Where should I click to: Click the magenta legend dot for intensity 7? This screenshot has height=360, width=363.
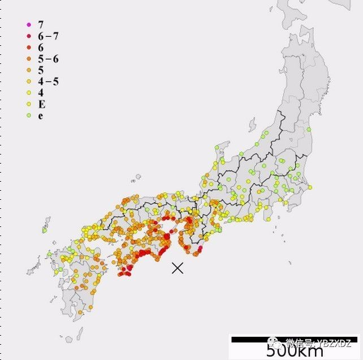click(28, 24)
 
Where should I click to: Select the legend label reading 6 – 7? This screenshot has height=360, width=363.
click(48, 36)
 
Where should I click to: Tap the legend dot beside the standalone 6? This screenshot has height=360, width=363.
click(28, 48)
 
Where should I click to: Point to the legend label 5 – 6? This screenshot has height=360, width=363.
click(48, 59)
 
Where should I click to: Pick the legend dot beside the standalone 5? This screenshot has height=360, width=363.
click(28, 70)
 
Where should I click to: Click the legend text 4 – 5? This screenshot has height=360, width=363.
click(48, 82)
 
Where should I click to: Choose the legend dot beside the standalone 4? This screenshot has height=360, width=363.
click(28, 93)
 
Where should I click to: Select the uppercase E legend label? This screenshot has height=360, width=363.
click(41, 104)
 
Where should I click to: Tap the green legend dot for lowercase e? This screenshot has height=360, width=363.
click(28, 116)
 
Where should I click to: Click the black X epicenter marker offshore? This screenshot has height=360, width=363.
click(178, 268)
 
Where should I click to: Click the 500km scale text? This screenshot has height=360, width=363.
click(295, 350)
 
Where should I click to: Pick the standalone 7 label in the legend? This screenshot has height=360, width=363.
click(41, 24)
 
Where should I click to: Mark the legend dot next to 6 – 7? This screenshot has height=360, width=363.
click(28, 36)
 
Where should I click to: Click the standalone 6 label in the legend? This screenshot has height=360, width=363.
click(41, 48)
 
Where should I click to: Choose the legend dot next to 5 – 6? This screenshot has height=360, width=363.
click(28, 59)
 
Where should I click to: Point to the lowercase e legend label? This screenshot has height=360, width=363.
click(41, 116)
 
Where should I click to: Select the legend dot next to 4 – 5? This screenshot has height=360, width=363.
click(28, 82)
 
